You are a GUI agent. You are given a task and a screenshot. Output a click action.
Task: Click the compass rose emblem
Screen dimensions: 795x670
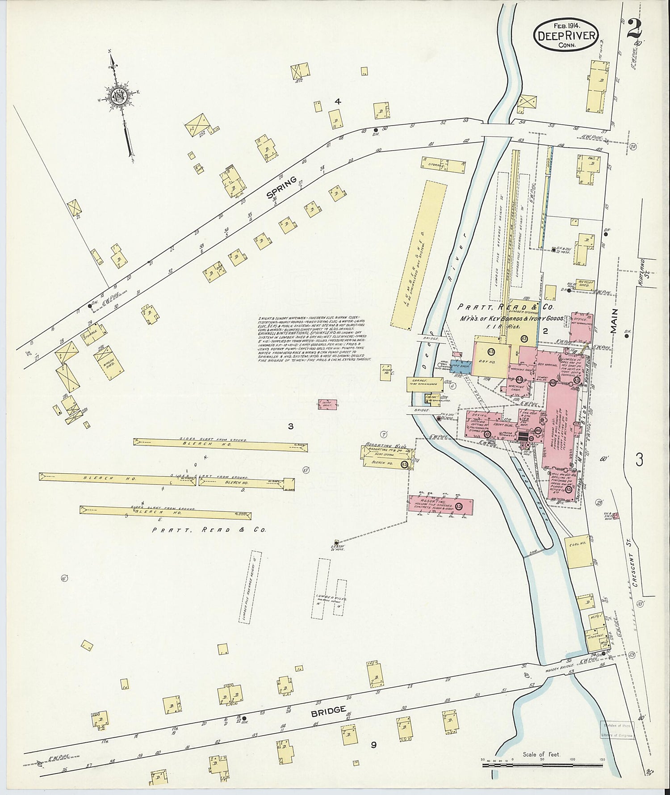click(x=120, y=95)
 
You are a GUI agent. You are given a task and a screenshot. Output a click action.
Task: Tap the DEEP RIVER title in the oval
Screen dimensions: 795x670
click(x=566, y=35)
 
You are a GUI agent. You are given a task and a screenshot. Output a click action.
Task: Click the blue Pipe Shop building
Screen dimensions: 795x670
click(x=461, y=366)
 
